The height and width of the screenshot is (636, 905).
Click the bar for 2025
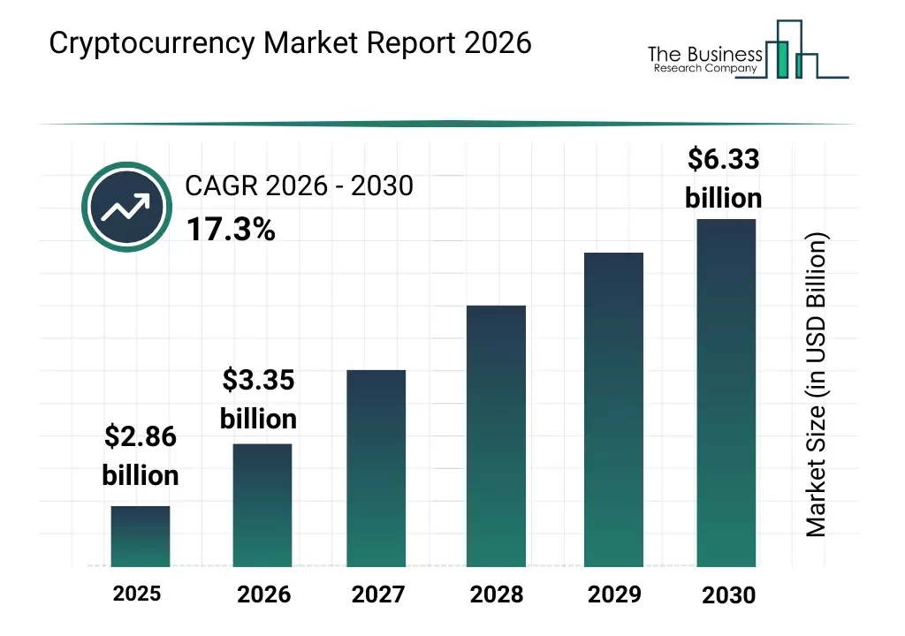pyautogui.click(x=141, y=536)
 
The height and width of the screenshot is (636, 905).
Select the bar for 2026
pyautogui.click(x=262, y=504)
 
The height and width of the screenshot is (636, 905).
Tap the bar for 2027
pyautogui.click(x=376, y=468)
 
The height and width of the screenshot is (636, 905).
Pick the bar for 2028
pyautogui.click(x=496, y=435)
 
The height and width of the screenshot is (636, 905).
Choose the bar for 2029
pyautogui.click(x=613, y=409)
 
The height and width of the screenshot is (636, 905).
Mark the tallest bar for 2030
pyautogui.click(x=726, y=392)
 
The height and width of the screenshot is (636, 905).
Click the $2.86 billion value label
pyautogui.click(x=141, y=455)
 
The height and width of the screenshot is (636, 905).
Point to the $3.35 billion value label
pyautogui.click(x=258, y=399)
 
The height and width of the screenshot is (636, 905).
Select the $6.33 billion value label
pyautogui.click(x=723, y=178)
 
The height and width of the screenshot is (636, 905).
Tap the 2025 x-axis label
pyautogui.click(x=137, y=593)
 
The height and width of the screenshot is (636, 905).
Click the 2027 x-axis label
pyautogui.click(x=378, y=594)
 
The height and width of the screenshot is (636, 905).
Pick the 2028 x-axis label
pyautogui.click(x=497, y=594)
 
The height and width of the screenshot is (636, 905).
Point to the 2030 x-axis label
pyautogui.click(x=729, y=595)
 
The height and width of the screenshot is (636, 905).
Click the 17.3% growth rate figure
pyautogui.click(x=231, y=230)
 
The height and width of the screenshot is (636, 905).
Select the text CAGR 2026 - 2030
pyautogui.click(x=299, y=186)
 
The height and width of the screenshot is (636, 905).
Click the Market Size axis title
pyautogui.click(x=817, y=385)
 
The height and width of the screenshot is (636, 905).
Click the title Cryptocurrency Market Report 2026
pyautogui.click(x=291, y=43)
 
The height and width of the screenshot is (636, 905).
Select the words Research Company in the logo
pyautogui.click(x=705, y=69)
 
